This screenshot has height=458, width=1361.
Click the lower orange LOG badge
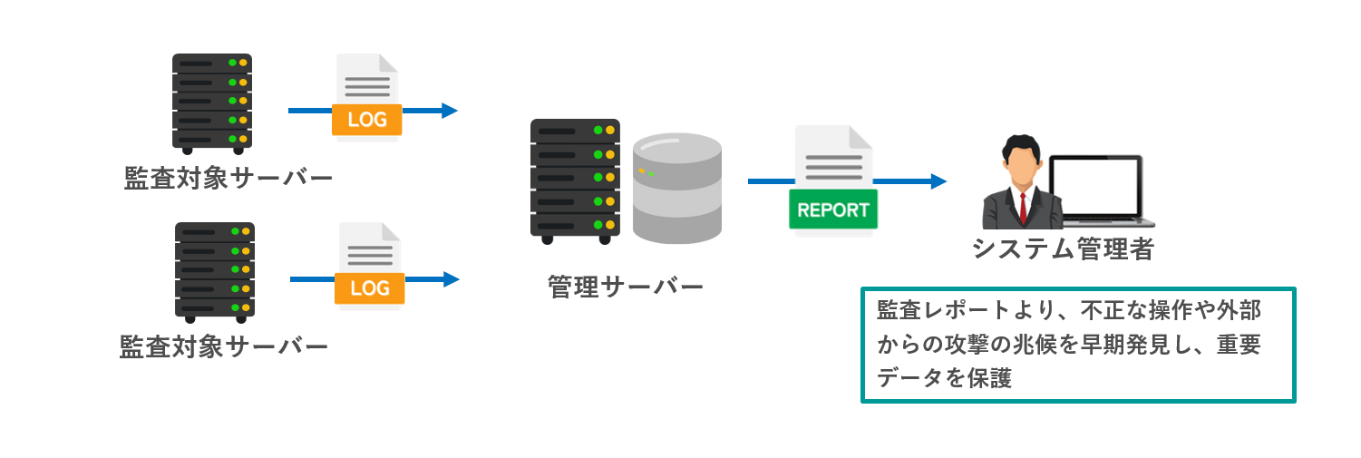[369, 288]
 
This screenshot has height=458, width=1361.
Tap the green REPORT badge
[833, 210]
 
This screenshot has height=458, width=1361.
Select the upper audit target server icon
[212, 102]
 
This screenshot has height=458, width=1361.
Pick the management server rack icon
[575, 180]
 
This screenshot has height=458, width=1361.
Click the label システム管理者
[1063, 249]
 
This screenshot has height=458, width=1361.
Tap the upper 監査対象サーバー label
[228, 178]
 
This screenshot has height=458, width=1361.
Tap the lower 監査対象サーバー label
[223, 346]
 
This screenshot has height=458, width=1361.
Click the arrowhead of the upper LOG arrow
[449, 111]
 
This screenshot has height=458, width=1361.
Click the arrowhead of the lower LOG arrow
[451, 279]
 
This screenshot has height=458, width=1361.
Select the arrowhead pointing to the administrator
[938, 181]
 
